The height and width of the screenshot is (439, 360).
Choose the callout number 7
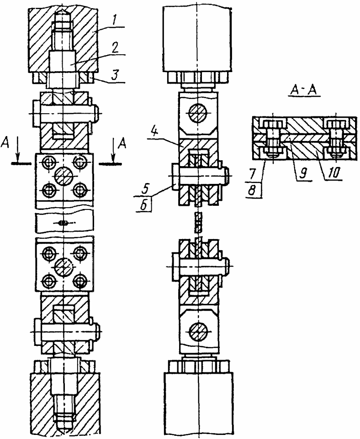pyautogui.click(x=252, y=174)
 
